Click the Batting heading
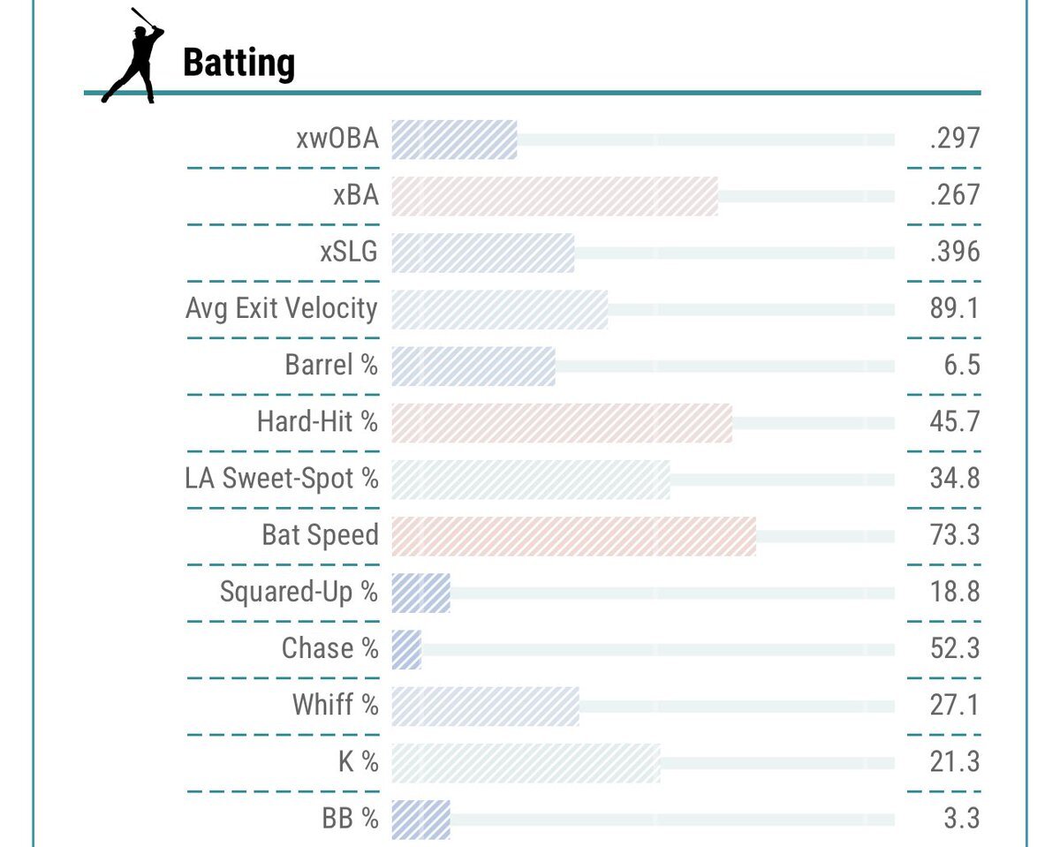click(238, 64)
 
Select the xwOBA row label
click(337, 139)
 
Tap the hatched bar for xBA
click(554, 196)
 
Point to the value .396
click(955, 252)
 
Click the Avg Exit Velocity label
click(282, 309)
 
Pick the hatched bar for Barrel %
click(473, 366)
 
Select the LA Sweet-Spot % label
click(282, 479)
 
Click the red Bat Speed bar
click(573, 536)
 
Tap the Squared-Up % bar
click(420, 593)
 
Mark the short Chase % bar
click(406, 649)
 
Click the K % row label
click(358, 762)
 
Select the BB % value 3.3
click(962, 819)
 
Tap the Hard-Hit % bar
click(561, 422)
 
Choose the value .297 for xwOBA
click(955, 139)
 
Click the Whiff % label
click(336, 706)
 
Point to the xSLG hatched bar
click(482, 253)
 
